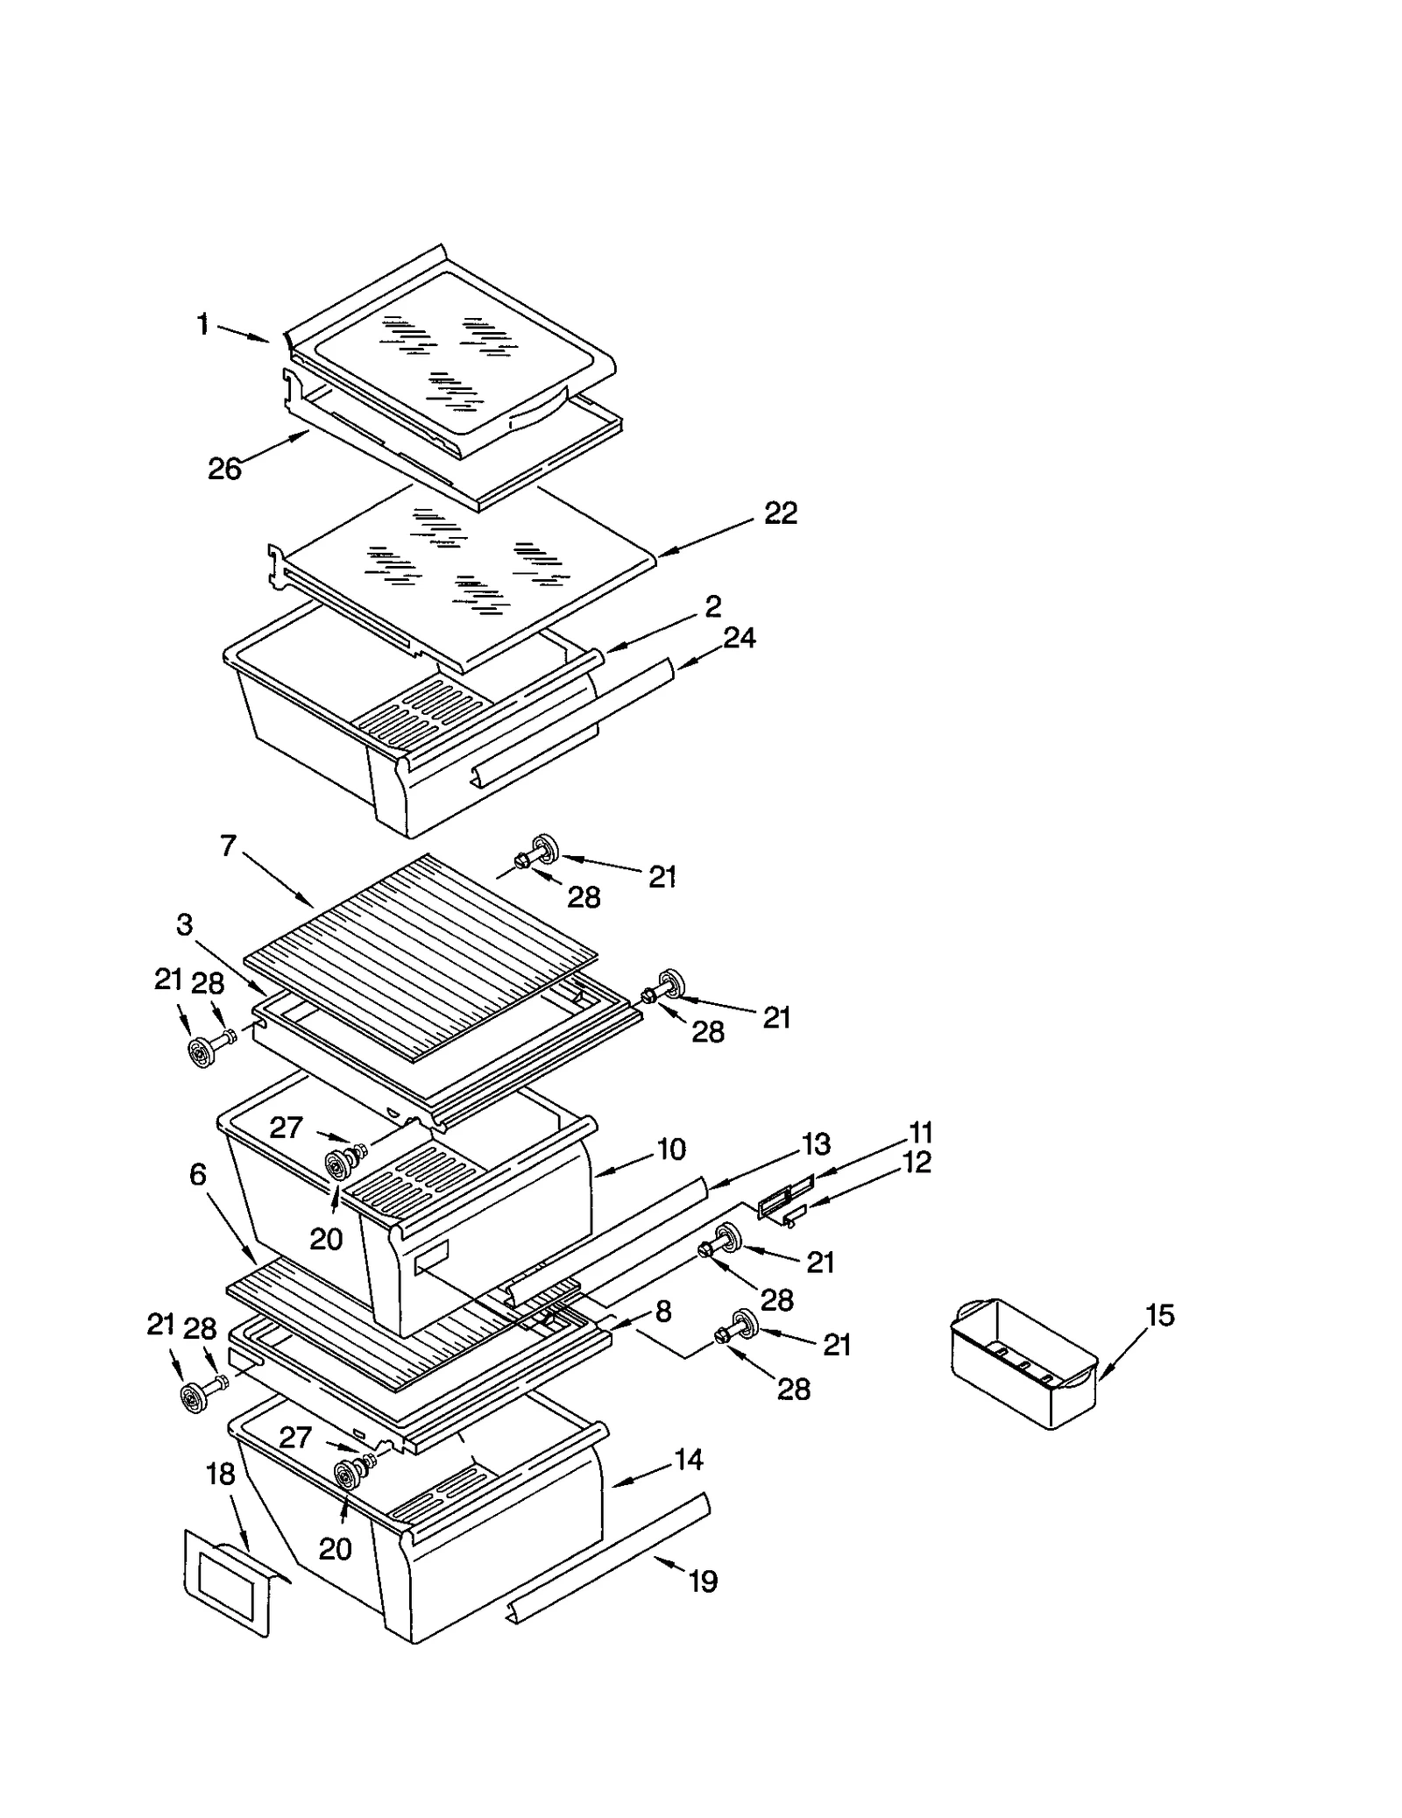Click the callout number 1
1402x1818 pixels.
[x=203, y=325]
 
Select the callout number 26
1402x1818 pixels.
[x=224, y=469]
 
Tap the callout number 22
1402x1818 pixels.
[x=780, y=513]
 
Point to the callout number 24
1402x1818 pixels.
[x=739, y=638]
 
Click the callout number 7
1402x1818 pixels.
[x=228, y=846]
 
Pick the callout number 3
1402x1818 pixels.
[x=184, y=925]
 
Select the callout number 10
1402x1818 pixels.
[x=670, y=1150]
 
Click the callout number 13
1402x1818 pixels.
[x=816, y=1144]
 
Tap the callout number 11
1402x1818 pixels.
[x=920, y=1133]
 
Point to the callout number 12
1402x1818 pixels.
[x=917, y=1163]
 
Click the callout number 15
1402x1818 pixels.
[x=1159, y=1315]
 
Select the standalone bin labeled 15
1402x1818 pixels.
[x=1023, y=1364]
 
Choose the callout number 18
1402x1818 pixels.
[x=220, y=1475]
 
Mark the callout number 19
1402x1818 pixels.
[x=703, y=1581]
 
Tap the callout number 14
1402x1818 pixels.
[x=689, y=1460]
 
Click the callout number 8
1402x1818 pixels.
[x=663, y=1312]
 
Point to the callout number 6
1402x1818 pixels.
[x=198, y=1175]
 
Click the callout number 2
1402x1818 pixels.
[x=713, y=606]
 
